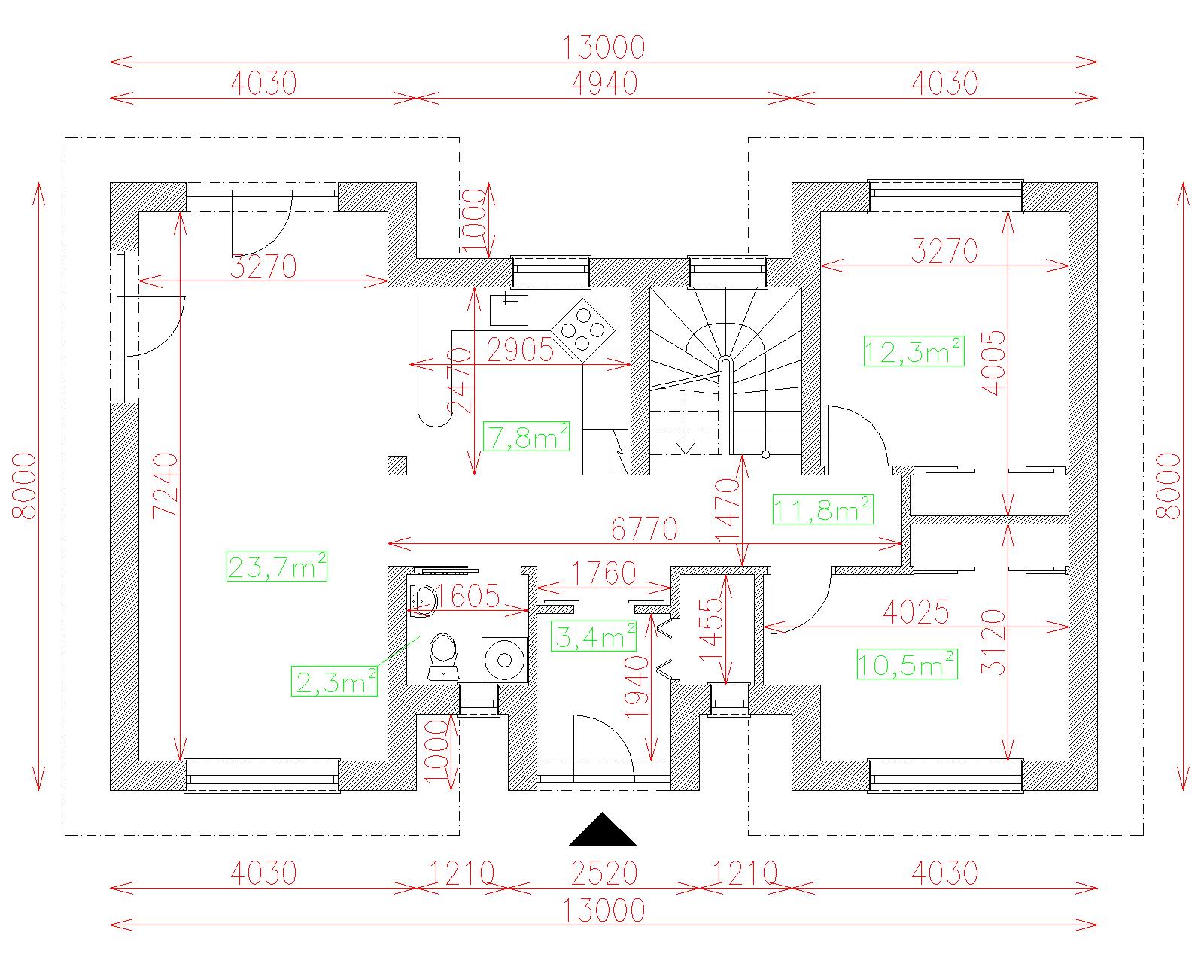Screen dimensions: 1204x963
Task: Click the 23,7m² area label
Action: click(276, 566)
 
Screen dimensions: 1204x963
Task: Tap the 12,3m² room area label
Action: click(914, 351)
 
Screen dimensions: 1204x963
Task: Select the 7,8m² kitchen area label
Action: click(526, 436)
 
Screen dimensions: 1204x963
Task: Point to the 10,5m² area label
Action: click(907, 664)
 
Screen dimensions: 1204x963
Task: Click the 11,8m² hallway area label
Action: click(822, 509)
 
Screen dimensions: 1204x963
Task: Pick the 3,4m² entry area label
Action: click(594, 636)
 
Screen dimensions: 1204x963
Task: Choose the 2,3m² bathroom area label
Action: click(334, 681)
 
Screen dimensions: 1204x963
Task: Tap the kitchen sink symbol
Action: click(509, 308)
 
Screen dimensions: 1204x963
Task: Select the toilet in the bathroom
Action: click(442, 657)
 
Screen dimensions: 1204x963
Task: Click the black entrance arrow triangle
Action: click(603, 829)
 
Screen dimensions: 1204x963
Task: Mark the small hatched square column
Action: click(397, 466)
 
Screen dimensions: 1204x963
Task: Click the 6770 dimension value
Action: click(644, 529)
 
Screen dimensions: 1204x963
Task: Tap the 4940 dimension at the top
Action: click(604, 84)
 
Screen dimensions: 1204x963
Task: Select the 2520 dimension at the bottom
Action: click(604, 873)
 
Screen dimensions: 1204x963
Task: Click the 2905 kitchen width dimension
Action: click(520, 351)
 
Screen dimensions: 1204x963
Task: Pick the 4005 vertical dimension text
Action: click(993, 363)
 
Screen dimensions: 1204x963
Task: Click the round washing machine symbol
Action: click(505, 660)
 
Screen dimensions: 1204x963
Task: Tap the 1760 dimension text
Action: click(604, 573)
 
